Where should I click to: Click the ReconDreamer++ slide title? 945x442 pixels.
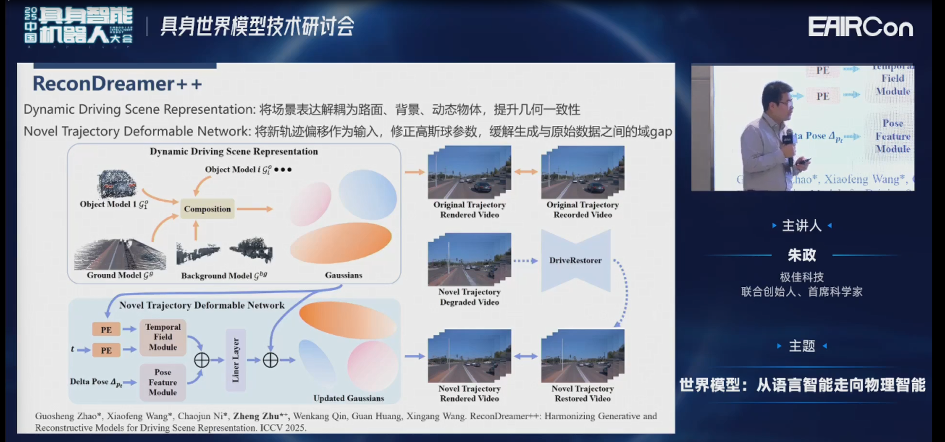tap(117, 84)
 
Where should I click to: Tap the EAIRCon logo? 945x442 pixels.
tap(860, 27)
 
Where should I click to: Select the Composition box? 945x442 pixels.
tap(207, 209)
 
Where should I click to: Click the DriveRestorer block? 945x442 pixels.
tap(575, 260)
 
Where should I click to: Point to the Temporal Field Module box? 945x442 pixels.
tap(163, 337)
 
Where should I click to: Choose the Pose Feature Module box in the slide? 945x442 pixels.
tap(163, 382)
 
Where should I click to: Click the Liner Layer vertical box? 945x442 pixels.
tap(236, 360)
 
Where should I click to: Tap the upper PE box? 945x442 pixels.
tap(106, 329)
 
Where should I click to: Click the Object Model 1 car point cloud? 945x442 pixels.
tap(116, 183)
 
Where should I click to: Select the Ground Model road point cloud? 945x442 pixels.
tap(119, 254)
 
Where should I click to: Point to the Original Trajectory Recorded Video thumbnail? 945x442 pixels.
tap(582, 173)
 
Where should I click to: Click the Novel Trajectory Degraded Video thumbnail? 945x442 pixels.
tap(469, 260)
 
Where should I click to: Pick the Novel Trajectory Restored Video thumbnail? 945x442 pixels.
tap(582, 356)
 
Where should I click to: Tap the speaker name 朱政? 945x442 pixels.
tap(801, 256)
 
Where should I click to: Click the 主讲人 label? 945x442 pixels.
tap(801, 226)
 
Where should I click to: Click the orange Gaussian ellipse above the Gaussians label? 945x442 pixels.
tap(341, 243)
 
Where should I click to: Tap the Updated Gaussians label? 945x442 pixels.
tap(348, 398)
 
